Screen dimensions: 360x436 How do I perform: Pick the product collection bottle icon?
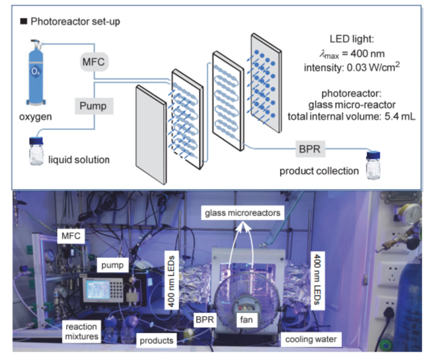pos(373,163)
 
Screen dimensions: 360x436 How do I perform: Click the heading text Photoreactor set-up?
pos(76,22)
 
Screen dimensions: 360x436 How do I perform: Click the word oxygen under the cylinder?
pos(36,118)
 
